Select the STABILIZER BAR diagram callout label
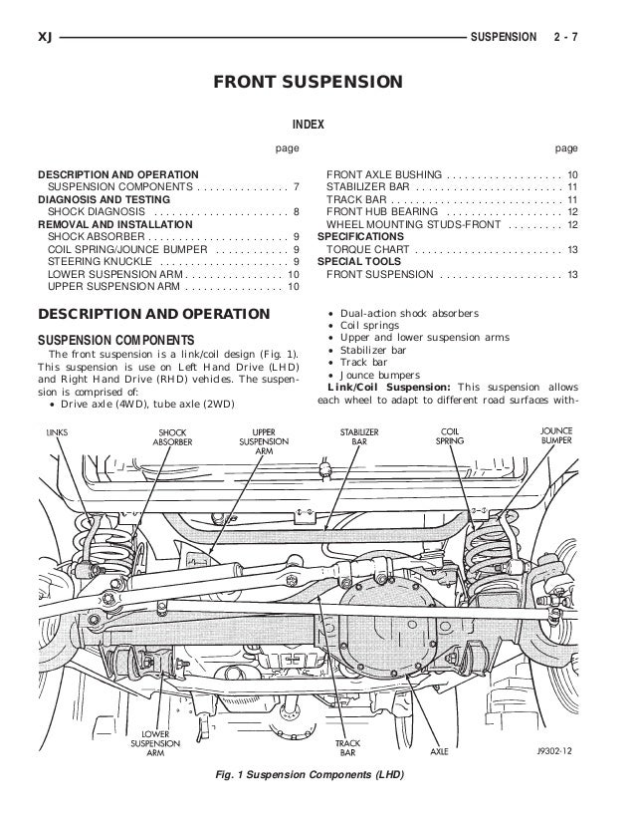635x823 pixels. pos(354,436)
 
